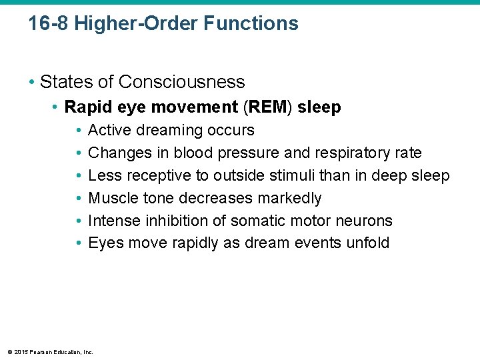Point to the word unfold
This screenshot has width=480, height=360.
pos(367,243)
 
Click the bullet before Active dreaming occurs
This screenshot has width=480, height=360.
pos(79,130)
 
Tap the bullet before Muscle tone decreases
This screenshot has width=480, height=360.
pos(79,198)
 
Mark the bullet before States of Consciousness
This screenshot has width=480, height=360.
pos(31,82)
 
